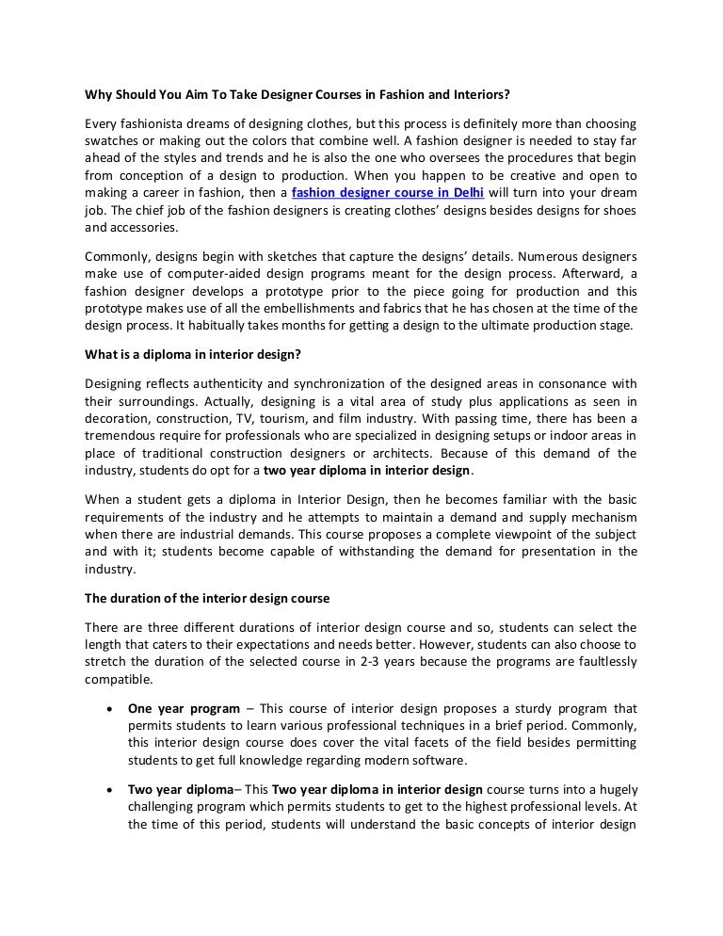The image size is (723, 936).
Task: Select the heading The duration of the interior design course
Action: click(207, 598)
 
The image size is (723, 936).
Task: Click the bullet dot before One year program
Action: click(112, 708)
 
